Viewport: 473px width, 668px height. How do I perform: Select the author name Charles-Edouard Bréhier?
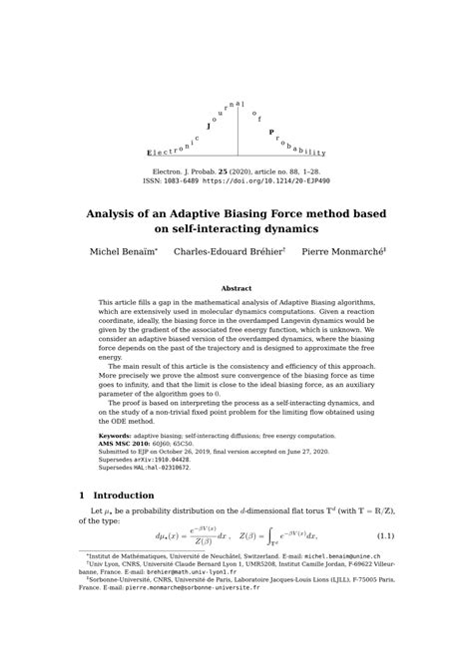point(228,252)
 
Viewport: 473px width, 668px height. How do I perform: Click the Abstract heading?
point(236,288)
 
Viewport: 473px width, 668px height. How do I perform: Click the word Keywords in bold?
point(115,436)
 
